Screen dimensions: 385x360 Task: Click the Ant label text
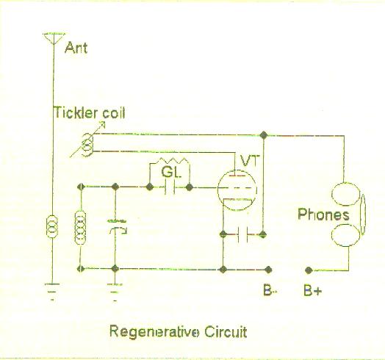pyautogui.click(x=76, y=48)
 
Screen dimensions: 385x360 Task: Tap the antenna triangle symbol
pyautogui.click(x=54, y=38)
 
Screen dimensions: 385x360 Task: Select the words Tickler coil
pyautogui.click(x=90, y=112)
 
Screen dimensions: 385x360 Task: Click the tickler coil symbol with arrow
pyautogui.click(x=87, y=145)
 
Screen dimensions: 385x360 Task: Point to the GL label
pyautogui.click(x=171, y=172)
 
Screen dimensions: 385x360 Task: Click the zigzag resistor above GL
pyautogui.click(x=173, y=160)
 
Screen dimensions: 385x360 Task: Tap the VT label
pyautogui.click(x=249, y=161)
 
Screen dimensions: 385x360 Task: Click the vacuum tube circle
pyautogui.click(x=237, y=190)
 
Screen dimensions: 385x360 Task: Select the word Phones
pyautogui.click(x=323, y=215)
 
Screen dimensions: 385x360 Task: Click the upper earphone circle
pyautogui.click(x=346, y=194)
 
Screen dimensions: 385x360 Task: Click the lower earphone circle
pyautogui.click(x=346, y=235)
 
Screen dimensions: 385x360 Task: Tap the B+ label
pyautogui.click(x=312, y=290)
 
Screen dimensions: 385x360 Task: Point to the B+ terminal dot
pyautogui.click(x=309, y=270)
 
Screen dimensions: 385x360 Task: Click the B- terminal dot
pyautogui.click(x=268, y=270)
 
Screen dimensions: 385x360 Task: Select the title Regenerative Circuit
pyautogui.click(x=178, y=331)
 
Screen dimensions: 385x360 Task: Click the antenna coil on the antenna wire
pyautogui.click(x=52, y=226)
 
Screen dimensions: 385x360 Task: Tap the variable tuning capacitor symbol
pyautogui.click(x=117, y=227)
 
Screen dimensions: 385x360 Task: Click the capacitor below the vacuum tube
pyautogui.click(x=242, y=234)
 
